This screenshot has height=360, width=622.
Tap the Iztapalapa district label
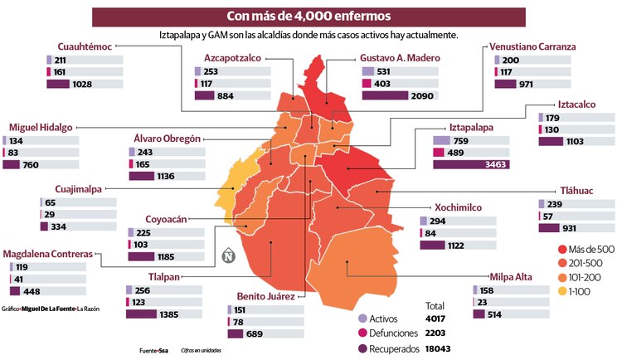[471, 127]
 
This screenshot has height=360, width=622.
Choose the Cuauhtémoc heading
[85, 46]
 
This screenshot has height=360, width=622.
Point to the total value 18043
[438, 348]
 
